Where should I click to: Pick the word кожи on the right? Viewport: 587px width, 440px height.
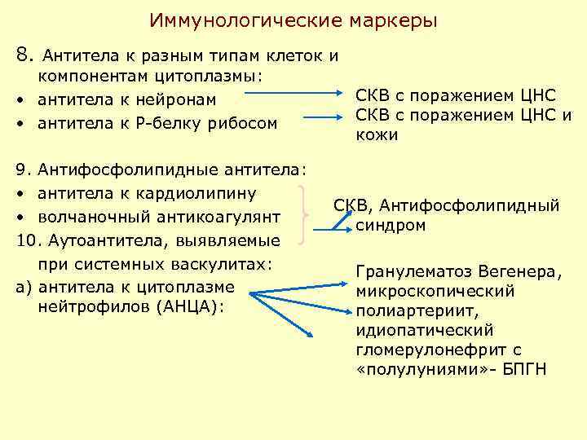(377, 135)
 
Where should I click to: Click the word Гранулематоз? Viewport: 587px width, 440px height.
(408, 271)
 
